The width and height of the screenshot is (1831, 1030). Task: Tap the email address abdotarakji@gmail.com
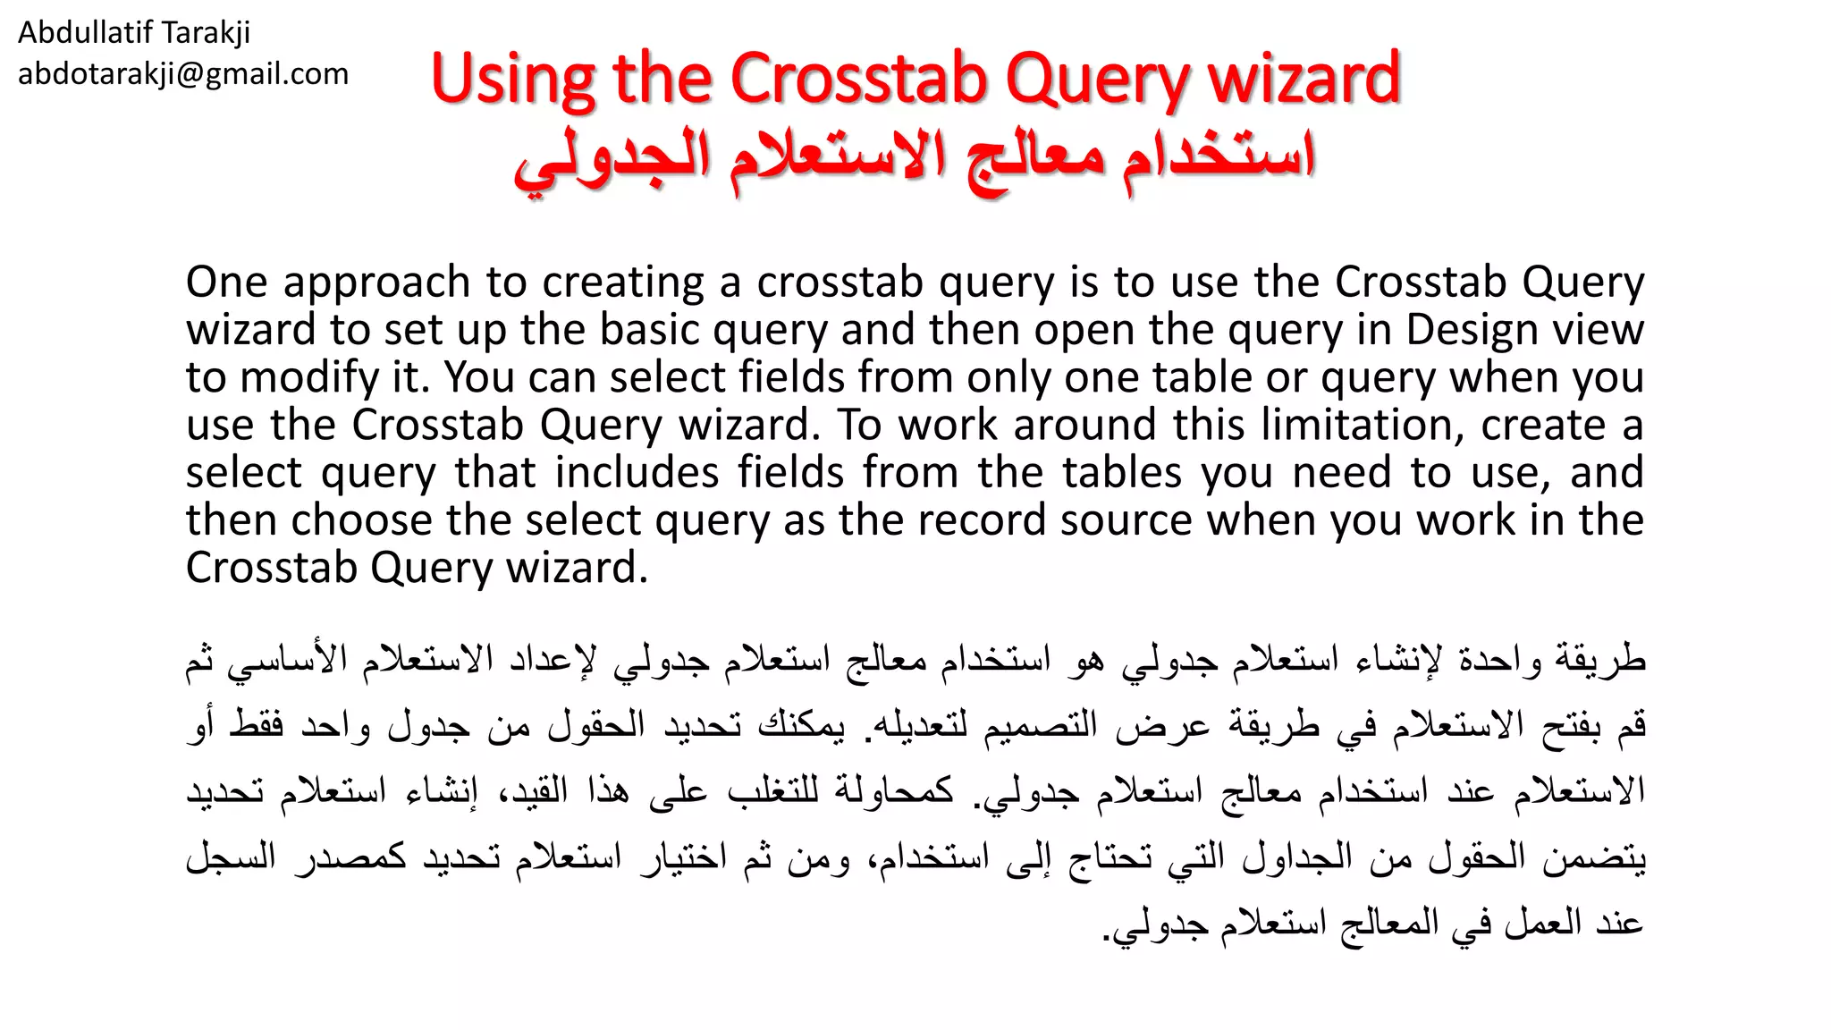tap(183, 74)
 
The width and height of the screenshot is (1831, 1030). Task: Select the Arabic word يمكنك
tap(801, 725)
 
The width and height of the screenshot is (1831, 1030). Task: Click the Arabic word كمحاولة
tap(894, 791)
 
